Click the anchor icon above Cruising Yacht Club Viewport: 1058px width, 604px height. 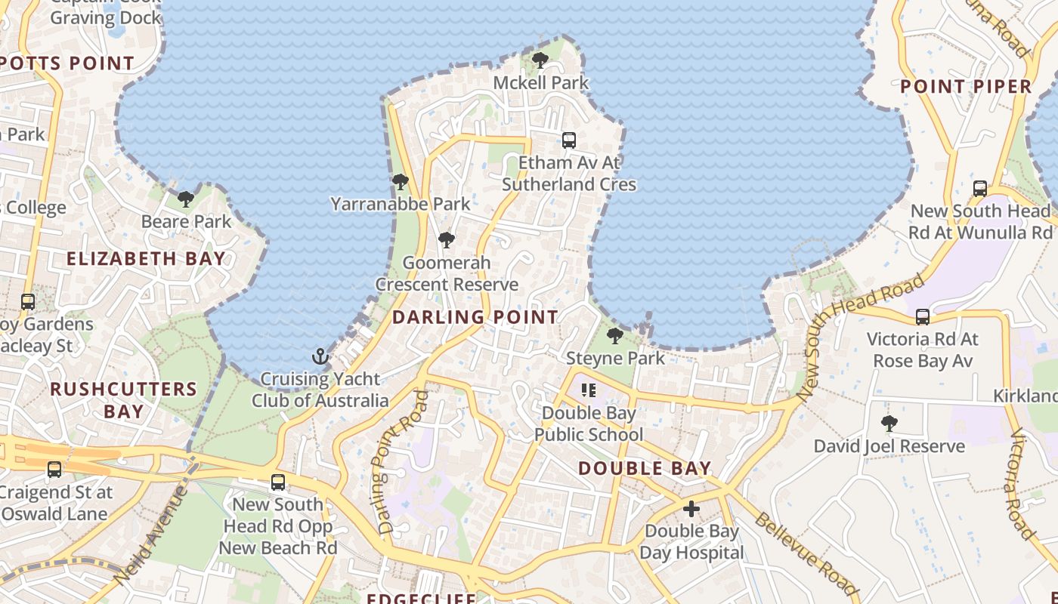(x=321, y=356)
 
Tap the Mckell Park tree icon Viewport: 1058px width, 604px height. (x=540, y=60)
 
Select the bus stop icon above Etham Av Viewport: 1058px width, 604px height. (x=568, y=140)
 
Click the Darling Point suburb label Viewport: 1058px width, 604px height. (x=475, y=317)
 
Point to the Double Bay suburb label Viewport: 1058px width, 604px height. (x=645, y=468)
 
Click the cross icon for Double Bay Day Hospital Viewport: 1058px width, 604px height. (x=691, y=508)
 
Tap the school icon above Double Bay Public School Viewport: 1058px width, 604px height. (x=589, y=390)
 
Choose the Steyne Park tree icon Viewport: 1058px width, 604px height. (x=615, y=335)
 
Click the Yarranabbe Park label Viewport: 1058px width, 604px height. (x=401, y=204)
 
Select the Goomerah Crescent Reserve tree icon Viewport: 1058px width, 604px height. (x=447, y=240)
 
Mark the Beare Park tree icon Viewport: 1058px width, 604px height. (x=186, y=199)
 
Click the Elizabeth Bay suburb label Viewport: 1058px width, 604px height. (x=146, y=258)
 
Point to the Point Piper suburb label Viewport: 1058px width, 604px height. (x=966, y=86)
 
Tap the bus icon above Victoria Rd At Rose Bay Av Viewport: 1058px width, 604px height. (x=923, y=316)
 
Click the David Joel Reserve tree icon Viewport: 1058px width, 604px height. (x=889, y=424)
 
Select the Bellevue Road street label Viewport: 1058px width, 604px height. (x=806, y=553)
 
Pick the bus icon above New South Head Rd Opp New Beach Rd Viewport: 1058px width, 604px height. (x=278, y=482)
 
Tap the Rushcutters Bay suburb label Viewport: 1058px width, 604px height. (x=123, y=400)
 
